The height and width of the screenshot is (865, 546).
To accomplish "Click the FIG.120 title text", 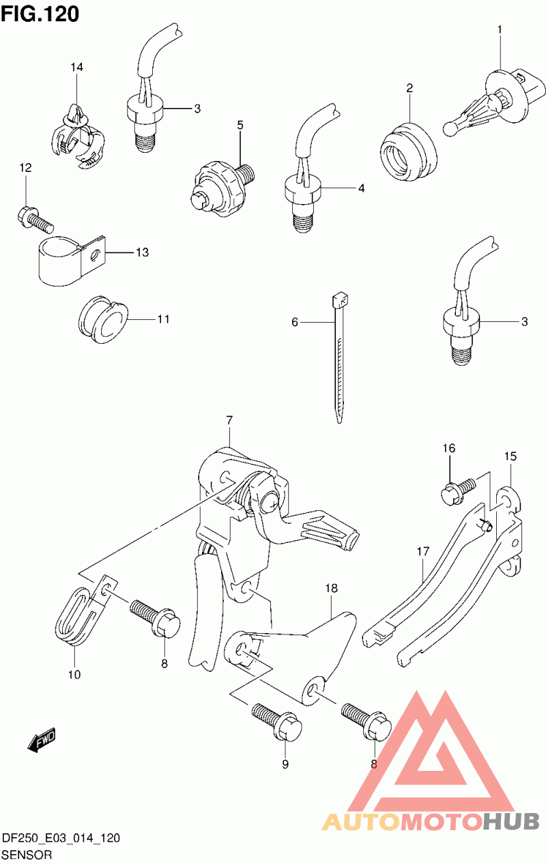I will point(40,13).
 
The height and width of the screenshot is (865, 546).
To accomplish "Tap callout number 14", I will point(76,67).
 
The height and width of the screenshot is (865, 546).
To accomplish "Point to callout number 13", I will point(141,253).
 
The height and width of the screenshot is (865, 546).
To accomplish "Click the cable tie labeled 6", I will point(339,355).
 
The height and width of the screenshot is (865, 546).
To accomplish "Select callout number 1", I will point(500,30).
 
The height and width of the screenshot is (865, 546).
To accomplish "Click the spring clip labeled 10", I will point(75,617).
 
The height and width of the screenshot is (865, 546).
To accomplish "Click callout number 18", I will point(332,587).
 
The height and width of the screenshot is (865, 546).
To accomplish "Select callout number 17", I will point(422,551).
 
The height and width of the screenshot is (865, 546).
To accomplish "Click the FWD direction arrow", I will point(42,739).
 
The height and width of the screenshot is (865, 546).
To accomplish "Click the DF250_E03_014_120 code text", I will point(61,838).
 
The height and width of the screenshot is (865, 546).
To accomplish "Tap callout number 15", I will point(511,456).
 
